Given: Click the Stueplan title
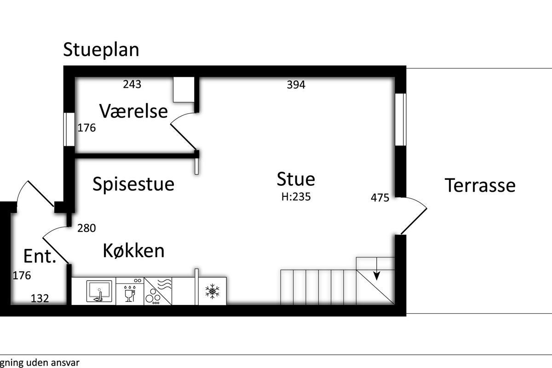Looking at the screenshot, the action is click(x=101, y=50).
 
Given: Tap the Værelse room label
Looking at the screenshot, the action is click(x=133, y=111).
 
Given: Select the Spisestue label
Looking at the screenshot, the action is click(x=133, y=184).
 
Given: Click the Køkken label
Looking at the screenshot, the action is click(x=133, y=250).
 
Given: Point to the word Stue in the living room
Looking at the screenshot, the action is click(x=296, y=179).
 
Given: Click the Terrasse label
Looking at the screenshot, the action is click(x=480, y=185).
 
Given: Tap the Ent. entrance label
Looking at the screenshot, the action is click(x=40, y=256).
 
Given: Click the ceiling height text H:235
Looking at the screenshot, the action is click(x=296, y=197).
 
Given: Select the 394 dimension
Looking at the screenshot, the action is click(x=296, y=85).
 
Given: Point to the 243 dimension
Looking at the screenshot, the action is click(x=132, y=84).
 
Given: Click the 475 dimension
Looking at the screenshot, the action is click(x=380, y=198).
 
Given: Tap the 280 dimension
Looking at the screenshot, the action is click(x=86, y=228).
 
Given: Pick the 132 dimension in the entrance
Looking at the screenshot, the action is click(x=40, y=299).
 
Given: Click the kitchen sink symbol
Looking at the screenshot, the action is click(x=99, y=291).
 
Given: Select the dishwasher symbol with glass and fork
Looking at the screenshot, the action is click(x=130, y=293).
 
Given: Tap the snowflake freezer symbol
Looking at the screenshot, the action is click(x=212, y=291).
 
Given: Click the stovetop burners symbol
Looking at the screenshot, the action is click(x=153, y=297).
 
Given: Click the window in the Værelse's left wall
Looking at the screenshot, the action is click(x=69, y=129).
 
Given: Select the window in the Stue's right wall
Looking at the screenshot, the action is click(x=401, y=120).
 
